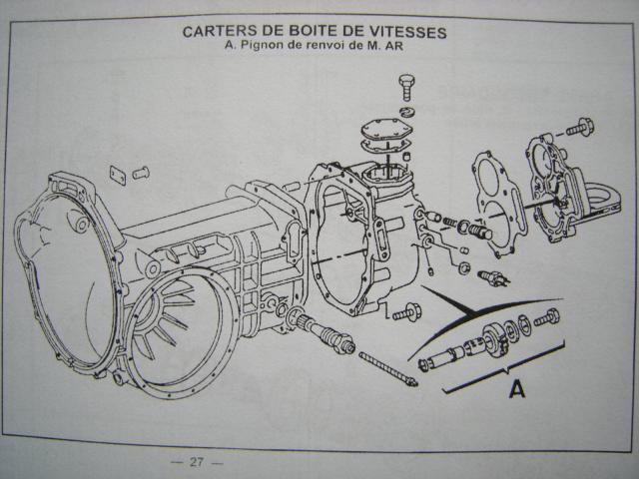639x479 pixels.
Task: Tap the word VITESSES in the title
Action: pyautogui.click(x=403, y=31)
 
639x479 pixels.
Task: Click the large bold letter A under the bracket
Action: pyautogui.click(x=516, y=388)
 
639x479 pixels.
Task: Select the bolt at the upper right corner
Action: pyautogui.click(x=580, y=127)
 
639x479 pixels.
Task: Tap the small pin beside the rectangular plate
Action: pyautogui.click(x=141, y=173)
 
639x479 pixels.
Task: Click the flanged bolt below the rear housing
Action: pyautogui.click(x=405, y=312)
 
